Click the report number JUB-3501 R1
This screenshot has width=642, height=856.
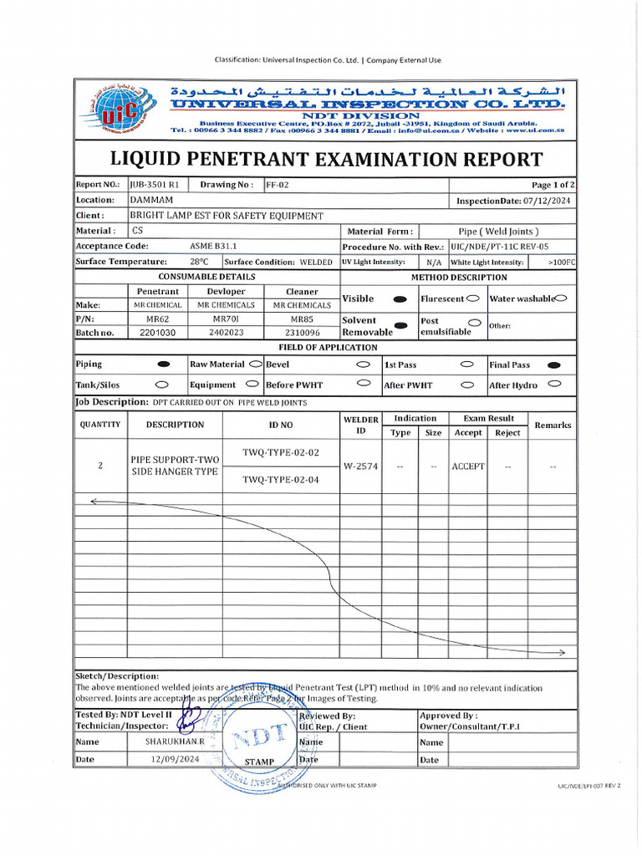click(155, 185)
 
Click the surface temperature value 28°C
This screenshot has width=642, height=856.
click(199, 262)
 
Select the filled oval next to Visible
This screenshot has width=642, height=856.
click(400, 298)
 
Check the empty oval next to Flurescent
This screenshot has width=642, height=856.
click(473, 298)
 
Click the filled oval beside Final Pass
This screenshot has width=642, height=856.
click(553, 365)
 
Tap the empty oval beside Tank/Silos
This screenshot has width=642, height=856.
click(162, 385)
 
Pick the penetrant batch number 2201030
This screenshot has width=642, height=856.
click(157, 332)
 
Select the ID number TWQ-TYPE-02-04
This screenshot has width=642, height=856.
click(281, 480)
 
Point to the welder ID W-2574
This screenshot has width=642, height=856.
click(361, 466)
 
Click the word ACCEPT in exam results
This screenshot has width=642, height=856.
click(468, 466)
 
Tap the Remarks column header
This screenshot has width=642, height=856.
click(553, 425)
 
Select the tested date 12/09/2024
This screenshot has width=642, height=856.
click(175, 759)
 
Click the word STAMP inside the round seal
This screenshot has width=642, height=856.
click(259, 762)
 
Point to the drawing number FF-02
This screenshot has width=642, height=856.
click(278, 185)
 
